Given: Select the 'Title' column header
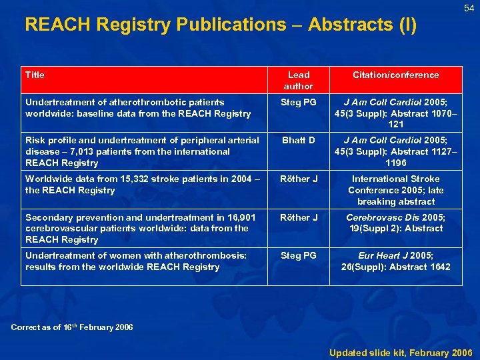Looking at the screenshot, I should (x=35, y=75).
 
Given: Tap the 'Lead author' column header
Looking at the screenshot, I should (x=298, y=81).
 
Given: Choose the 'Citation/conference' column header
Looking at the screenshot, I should (x=395, y=75).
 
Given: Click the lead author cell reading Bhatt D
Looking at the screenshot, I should (x=298, y=141).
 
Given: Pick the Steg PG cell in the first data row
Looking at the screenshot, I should (x=298, y=103).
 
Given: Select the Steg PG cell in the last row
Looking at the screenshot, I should (x=298, y=256).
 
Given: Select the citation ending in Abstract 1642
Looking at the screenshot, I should (x=395, y=261).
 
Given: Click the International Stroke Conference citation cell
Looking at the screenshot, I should (x=395, y=190).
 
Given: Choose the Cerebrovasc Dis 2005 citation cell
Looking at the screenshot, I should (x=395, y=223).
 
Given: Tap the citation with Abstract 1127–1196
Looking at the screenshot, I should (x=395, y=151).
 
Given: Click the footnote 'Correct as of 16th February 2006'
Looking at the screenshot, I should (x=73, y=327).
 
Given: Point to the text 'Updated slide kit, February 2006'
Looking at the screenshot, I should (x=401, y=352).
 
